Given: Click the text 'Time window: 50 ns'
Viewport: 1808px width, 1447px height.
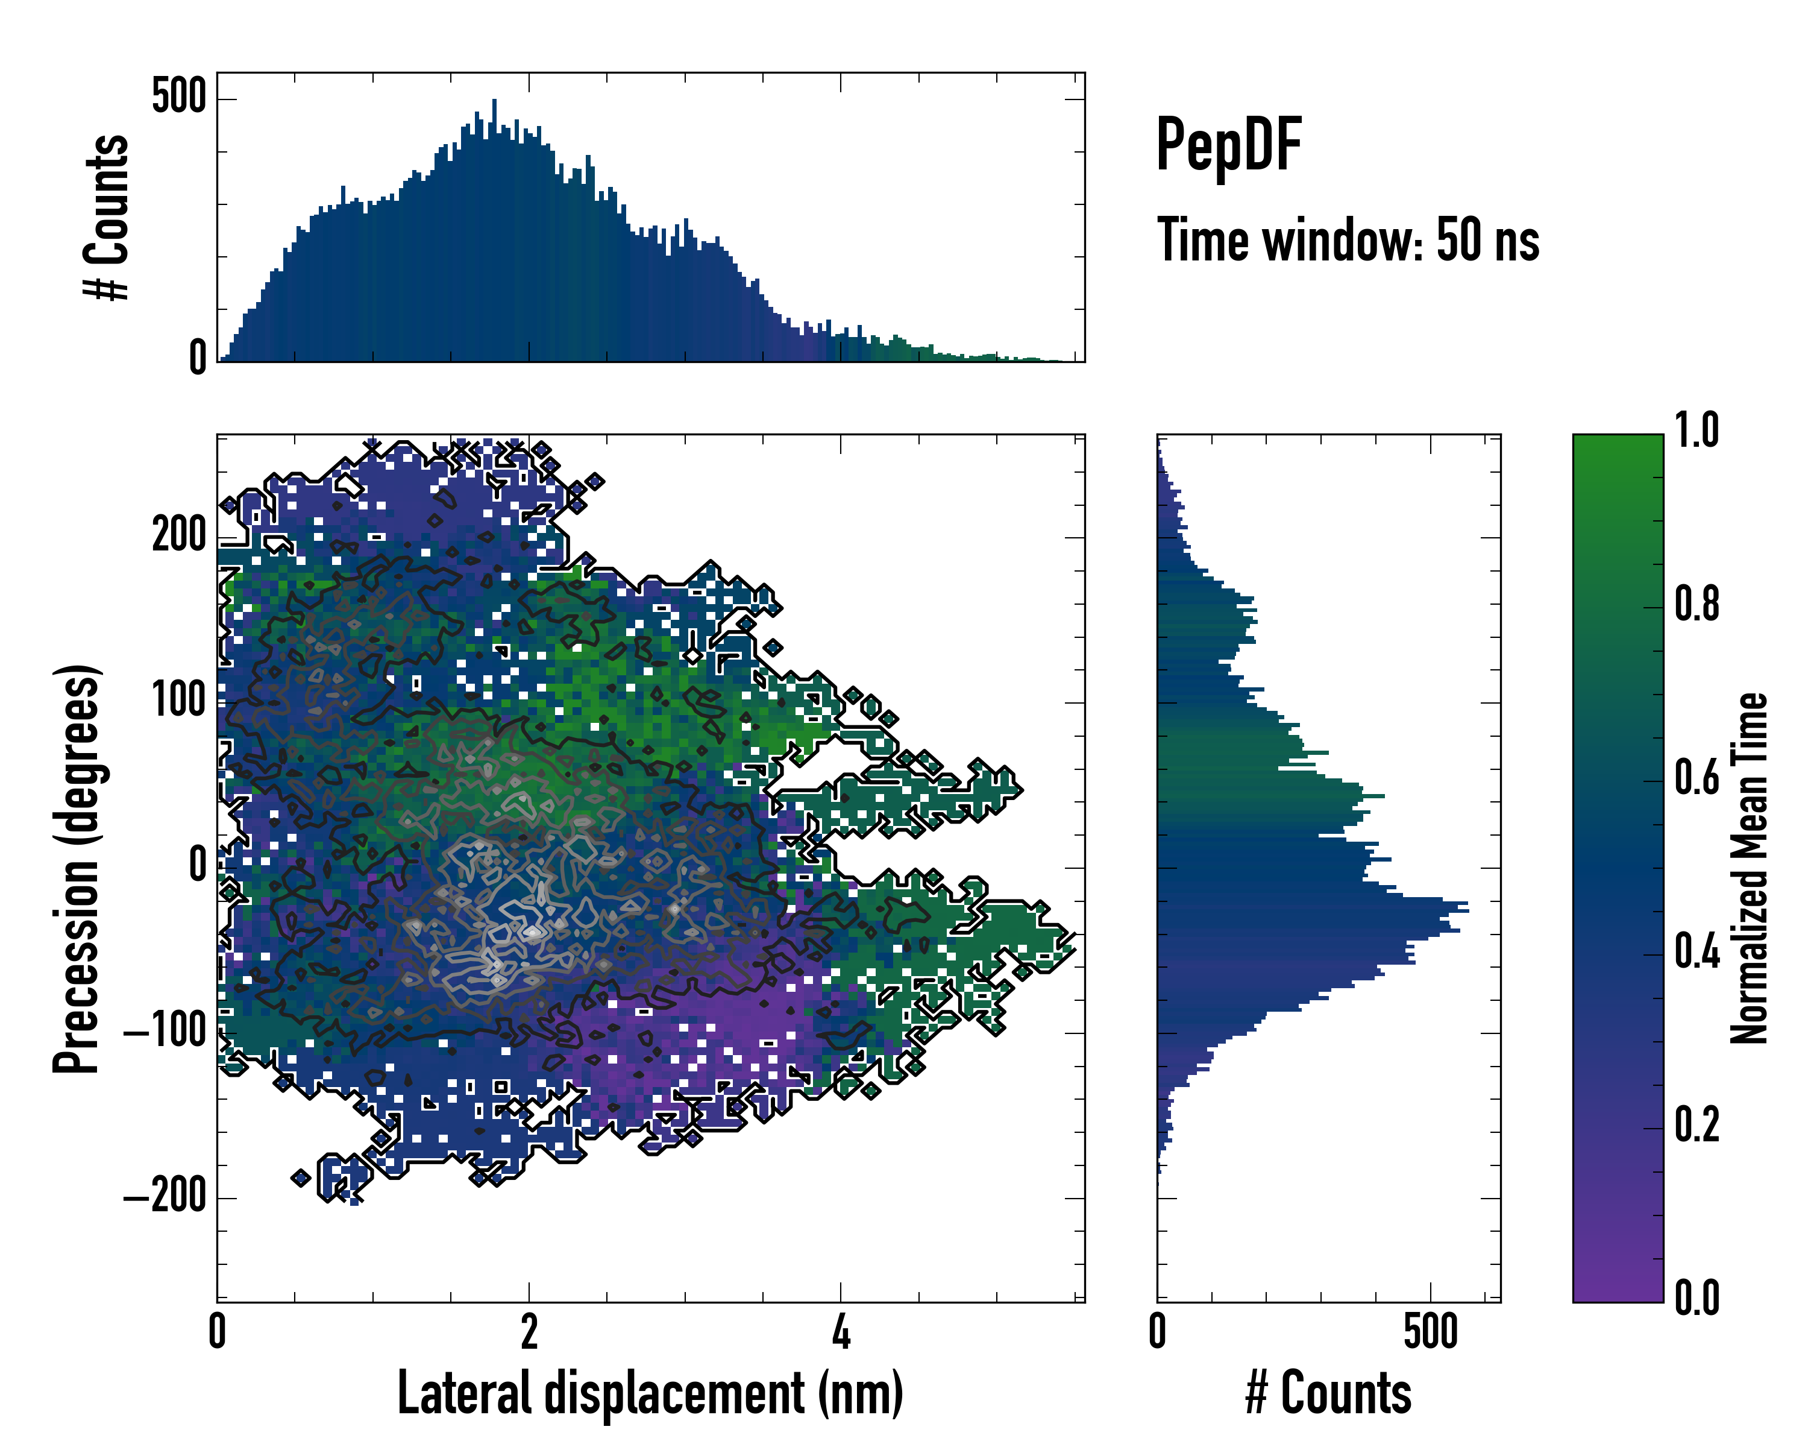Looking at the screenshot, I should click(1348, 240).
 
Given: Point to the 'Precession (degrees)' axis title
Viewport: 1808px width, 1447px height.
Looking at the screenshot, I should click(77, 868).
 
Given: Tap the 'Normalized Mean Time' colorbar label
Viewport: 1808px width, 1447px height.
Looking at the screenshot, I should click(1748, 868).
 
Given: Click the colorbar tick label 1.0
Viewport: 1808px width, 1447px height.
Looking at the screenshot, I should click(1697, 431).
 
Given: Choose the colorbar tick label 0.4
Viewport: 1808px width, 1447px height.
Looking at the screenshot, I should click(1697, 953).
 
